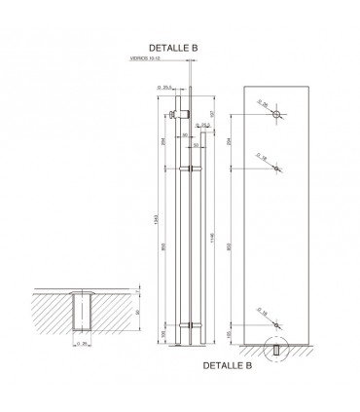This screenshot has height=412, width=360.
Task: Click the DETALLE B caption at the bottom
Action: point(228,367)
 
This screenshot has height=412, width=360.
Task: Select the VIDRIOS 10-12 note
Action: point(147,57)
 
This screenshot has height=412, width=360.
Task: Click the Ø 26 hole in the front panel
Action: point(276,116)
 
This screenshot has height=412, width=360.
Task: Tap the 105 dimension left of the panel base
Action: point(228,336)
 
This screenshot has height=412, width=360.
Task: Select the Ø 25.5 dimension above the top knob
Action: point(160,88)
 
